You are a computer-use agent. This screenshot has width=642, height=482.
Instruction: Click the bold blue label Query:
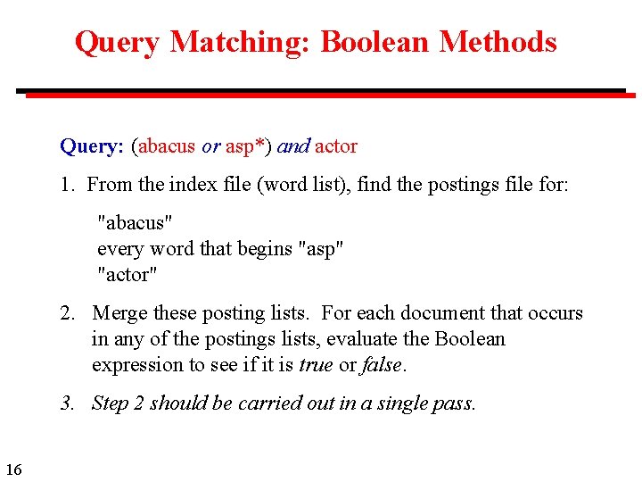[x=92, y=145]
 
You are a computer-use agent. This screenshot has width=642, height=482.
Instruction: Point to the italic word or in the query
[x=210, y=145]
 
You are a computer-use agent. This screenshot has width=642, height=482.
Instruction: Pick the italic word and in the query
[x=293, y=145]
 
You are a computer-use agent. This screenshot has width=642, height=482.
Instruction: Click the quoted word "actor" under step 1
[x=128, y=275]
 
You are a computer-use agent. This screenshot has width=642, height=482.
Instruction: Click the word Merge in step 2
[x=119, y=313]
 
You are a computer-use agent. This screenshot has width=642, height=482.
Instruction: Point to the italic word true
[x=317, y=365]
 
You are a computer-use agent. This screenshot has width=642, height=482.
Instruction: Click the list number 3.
[x=67, y=403]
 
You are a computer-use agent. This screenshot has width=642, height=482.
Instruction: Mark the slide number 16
[x=13, y=469]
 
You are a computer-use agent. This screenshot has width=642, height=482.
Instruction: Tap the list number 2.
[x=67, y=313]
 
